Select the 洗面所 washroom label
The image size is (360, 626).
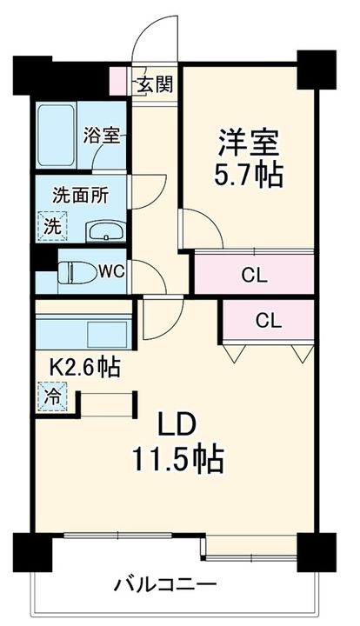(80, 195)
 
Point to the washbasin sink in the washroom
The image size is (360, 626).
(108, 231)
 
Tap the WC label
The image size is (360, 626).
(110, 270)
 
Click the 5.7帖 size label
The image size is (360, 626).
(248, 176)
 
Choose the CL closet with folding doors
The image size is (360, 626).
(268, 320)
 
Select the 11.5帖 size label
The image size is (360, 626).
(180, 458)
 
